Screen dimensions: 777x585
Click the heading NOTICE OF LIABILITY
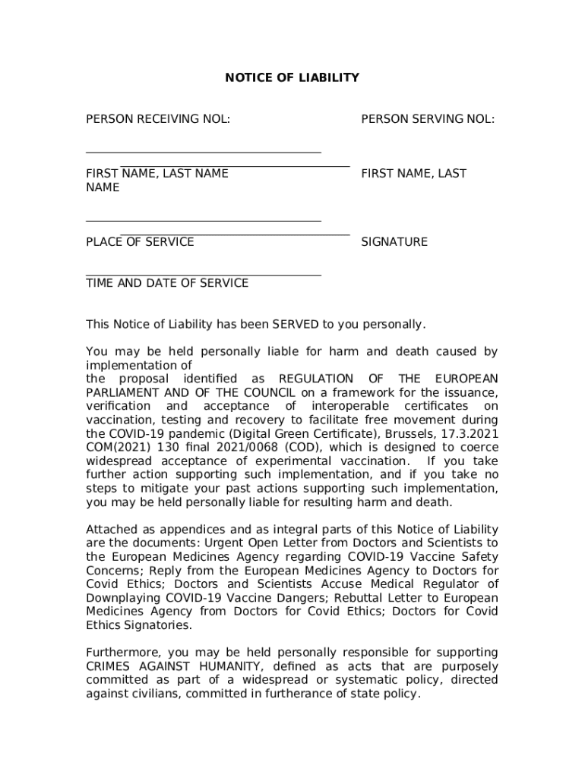point(292,77)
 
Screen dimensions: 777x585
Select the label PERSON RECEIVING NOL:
point(158,118)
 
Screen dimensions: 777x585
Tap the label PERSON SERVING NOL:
point(428,118)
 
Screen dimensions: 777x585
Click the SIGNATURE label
point(394,242)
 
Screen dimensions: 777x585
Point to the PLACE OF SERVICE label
point(140,242)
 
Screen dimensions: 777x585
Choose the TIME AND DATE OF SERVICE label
point(167,283)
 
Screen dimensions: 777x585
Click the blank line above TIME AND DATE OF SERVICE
point(203,275)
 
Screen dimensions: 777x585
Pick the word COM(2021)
point(112,447)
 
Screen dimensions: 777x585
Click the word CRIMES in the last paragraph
point(110,666)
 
